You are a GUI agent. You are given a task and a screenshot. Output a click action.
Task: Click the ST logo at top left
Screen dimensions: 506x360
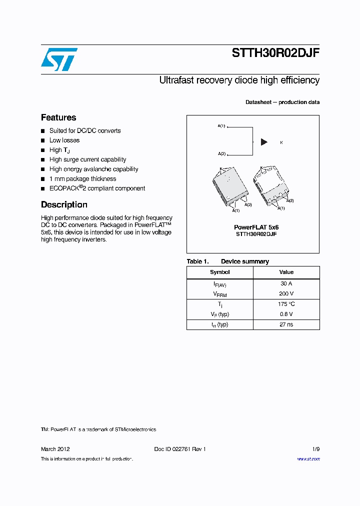pos(59,59)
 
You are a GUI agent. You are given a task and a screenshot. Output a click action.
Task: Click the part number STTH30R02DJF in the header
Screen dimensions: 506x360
pos(275,54)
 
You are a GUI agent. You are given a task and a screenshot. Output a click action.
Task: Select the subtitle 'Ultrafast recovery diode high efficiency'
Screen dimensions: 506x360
pos(239,80)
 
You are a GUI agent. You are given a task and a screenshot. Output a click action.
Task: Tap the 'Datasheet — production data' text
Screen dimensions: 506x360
pos(282,102)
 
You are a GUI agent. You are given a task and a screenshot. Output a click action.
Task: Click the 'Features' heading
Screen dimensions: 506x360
pos(58,117)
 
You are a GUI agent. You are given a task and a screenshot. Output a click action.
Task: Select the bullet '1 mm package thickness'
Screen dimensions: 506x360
pos(82,178)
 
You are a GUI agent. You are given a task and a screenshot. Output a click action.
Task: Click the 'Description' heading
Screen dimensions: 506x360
pos(64,204)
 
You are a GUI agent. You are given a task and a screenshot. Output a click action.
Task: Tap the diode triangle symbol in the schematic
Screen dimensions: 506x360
pos(264,142)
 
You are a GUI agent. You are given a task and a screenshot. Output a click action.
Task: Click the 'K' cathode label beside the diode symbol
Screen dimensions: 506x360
pos(281,142)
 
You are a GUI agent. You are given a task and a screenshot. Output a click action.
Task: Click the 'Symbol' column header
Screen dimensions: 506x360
pos(219,272)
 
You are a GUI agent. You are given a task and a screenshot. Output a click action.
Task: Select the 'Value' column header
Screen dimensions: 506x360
pos(286,272)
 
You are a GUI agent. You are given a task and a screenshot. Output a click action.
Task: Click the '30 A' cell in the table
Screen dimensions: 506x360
pos(286,283)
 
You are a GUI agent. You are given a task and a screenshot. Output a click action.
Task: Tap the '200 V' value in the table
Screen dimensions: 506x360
pos(286,294)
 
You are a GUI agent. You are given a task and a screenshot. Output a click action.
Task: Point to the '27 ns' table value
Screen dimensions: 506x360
pos(286,324)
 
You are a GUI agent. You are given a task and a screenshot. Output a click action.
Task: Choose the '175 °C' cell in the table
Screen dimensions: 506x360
pos(286,304)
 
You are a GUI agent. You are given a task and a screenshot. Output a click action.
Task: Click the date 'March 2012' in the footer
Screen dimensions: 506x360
pos(55,449)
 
